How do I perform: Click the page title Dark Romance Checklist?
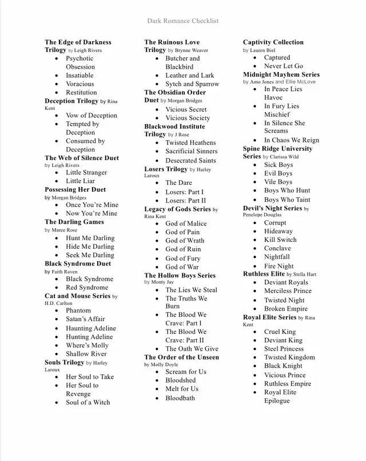(x=182, y=21)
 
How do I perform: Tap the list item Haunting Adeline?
(x=90, y=328)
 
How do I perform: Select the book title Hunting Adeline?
(x=89, y=337)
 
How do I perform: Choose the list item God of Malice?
(x=186, y=224)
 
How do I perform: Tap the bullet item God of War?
(x=182, y=267)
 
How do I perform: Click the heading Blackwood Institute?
(x=174, y=126)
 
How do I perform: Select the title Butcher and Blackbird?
(x=182, y=62)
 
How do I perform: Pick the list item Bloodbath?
(x=180, y=398)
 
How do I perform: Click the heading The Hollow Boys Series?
(x=180, y=275)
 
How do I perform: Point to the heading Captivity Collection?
(x=273, y=42)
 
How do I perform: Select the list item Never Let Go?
(x=283, y=66)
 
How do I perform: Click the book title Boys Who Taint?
(x=287, y=200)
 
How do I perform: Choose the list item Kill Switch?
(x=280, y=240)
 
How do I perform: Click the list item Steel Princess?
(x=284, y=349)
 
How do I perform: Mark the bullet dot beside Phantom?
(x=57, y=311)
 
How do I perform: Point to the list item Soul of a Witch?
(x=88, y=403)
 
